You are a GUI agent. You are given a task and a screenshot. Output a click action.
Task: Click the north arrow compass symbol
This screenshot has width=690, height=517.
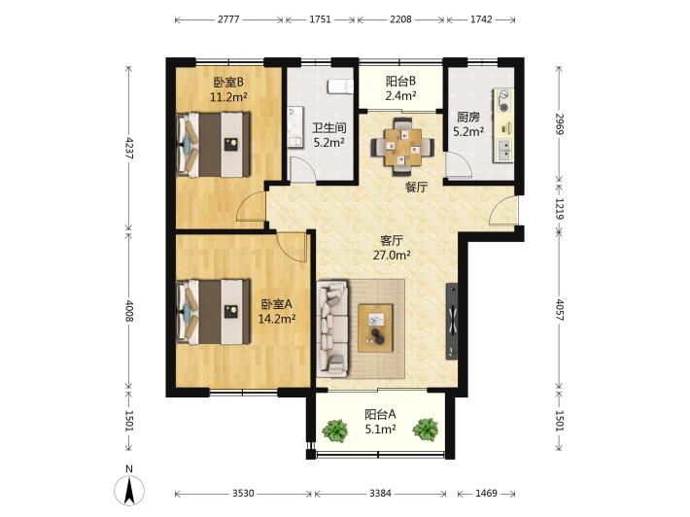click(129, 489)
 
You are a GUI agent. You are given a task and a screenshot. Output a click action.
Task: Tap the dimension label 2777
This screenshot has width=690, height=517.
click(228, 19)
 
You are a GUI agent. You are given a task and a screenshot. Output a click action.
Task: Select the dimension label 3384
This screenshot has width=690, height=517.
click(380, 494)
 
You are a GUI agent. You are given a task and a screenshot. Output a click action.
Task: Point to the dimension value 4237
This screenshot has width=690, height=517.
click(128, 149)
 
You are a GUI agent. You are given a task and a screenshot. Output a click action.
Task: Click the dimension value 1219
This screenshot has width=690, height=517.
click(559, 208)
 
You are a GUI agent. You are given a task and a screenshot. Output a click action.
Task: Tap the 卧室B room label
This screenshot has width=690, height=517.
click(228, 82)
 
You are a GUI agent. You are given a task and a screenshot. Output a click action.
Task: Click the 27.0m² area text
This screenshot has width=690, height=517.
click(392, 255)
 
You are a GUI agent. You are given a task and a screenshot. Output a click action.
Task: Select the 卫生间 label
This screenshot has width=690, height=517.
click(328, 128)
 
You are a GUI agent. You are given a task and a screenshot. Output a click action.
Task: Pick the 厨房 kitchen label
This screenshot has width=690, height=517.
click(467, 117)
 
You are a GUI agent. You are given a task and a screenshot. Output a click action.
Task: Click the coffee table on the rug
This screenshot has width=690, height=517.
click(375, 327)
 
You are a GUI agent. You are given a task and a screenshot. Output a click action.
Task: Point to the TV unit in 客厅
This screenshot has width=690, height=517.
click(452, 322)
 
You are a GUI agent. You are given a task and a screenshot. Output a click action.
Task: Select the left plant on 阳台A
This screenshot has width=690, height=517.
click(336, 430)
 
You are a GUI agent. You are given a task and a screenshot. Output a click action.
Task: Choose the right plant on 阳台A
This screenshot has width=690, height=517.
click(426, 429)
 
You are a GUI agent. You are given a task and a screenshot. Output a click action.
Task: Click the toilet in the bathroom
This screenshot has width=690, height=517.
click(340, 86)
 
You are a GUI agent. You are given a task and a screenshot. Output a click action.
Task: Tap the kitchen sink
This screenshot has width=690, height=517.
click(504, 150)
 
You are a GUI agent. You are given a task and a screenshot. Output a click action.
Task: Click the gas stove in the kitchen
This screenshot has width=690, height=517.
click(503, 100)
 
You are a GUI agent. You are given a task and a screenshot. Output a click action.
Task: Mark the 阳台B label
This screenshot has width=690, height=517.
click(401, 82)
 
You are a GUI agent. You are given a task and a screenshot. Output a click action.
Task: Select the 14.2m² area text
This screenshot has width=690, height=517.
click(276, 319)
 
